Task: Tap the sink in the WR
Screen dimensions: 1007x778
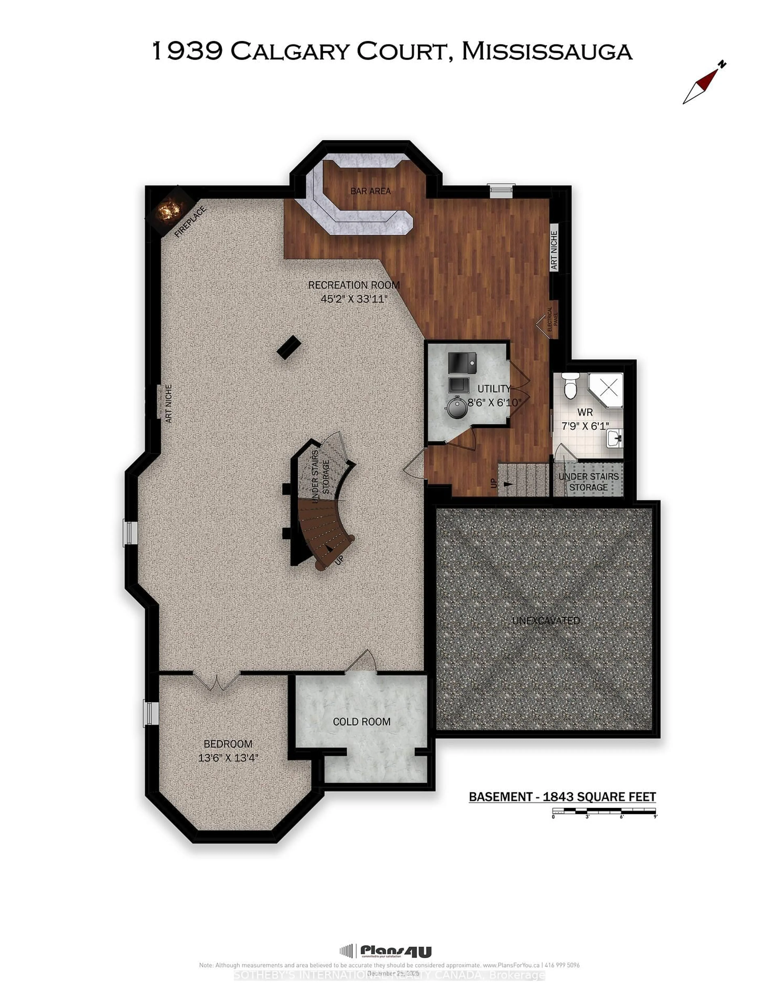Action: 614,438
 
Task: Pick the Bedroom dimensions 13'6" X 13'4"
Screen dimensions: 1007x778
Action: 228,757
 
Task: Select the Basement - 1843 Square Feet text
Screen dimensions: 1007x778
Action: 562,797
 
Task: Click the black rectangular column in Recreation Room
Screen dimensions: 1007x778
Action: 289,347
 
